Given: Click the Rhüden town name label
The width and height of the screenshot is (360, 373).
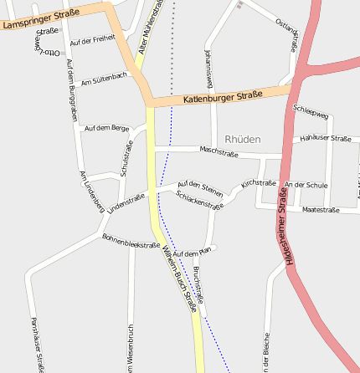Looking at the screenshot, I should point(243,139).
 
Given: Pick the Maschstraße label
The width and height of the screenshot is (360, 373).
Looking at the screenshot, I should point(219,151).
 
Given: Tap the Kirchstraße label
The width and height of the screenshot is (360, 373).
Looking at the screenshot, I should point(258,183).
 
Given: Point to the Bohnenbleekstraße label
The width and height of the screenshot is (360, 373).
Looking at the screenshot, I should point(131,241).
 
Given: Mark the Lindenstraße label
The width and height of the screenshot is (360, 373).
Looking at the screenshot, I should point(126,202).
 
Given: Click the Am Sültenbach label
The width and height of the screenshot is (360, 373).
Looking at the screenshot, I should point(105,79).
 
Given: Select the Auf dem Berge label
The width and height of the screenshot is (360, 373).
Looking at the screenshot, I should point(107,128).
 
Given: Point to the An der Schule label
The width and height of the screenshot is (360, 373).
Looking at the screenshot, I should point(306,185).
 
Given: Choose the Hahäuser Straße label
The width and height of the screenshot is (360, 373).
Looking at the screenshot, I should point(325,139).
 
